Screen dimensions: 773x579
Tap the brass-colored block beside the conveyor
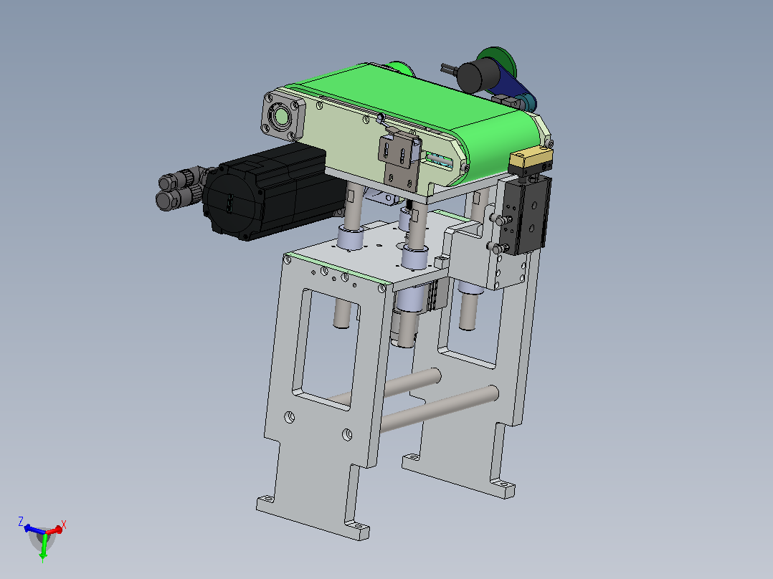[x=531, y=158]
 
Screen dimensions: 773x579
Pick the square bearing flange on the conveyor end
[x=283, y=116]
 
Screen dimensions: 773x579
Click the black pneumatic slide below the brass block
[x=525, y=215]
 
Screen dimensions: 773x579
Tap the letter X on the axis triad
[x=64, y=525]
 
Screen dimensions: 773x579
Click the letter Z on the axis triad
[x=21, y=521]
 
